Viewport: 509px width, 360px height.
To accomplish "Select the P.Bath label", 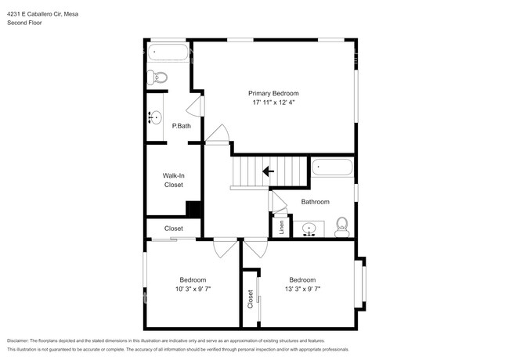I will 181,126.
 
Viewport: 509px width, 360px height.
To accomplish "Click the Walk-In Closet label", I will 173,180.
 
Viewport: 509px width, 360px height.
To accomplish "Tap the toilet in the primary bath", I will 159,77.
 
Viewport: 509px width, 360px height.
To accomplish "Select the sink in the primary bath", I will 153,118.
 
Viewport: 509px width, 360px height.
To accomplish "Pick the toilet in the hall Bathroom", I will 341,228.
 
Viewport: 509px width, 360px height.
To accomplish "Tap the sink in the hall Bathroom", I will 310,229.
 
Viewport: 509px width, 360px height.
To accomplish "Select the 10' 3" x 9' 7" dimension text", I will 193,289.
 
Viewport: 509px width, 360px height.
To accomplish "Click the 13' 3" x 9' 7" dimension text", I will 302,289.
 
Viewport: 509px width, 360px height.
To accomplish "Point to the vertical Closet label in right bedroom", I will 251,298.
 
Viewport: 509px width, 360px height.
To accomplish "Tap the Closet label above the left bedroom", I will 173,229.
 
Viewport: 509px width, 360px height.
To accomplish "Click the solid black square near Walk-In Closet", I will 193,210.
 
